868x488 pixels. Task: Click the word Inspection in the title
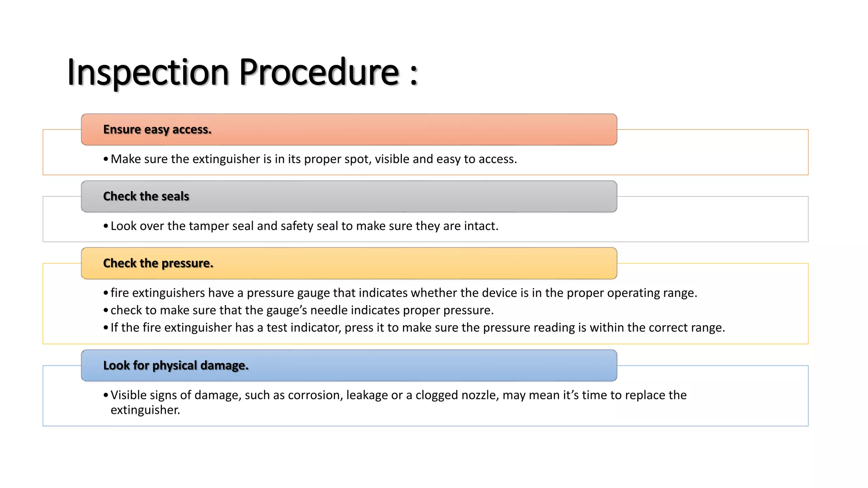click(148, 72)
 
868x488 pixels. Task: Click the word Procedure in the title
click(319, 72)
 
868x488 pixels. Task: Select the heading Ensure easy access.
click(157, 129)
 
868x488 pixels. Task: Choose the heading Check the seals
click(146, 196)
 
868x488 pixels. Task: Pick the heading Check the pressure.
click(158, 263)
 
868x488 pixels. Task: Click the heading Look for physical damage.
click(175, 365)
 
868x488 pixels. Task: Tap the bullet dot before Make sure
click(106, 159)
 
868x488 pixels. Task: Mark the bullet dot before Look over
click(106, 226)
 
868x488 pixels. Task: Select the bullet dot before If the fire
click(106, 328)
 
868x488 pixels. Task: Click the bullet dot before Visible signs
click(106, 395)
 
